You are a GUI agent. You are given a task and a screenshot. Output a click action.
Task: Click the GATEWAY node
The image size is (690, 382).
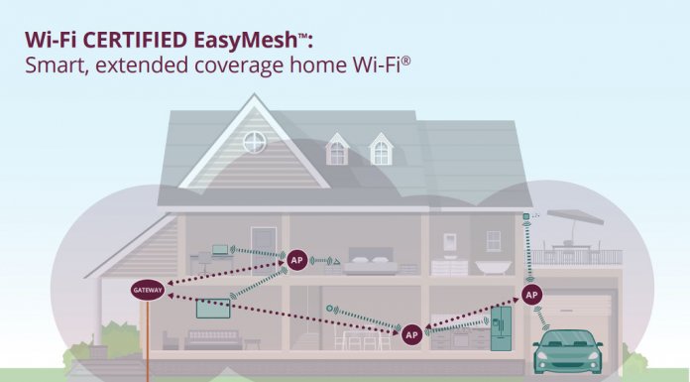146,290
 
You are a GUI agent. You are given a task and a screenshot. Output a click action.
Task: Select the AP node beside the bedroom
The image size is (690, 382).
295,260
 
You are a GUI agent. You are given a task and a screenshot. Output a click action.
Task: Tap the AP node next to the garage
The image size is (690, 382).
532,295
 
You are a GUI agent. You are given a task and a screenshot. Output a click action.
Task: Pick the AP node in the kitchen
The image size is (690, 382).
411,335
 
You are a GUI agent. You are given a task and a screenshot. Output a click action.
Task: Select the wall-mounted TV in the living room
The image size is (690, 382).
213,308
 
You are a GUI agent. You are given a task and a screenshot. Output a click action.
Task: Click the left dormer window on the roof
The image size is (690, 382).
338,151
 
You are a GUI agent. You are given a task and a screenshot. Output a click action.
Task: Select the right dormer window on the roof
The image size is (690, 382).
381,151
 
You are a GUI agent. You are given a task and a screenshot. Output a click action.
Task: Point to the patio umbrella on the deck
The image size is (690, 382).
575,217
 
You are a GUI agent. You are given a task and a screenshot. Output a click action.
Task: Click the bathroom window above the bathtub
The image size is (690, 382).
493,240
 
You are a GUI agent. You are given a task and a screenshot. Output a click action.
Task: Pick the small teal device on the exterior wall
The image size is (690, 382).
525,215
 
